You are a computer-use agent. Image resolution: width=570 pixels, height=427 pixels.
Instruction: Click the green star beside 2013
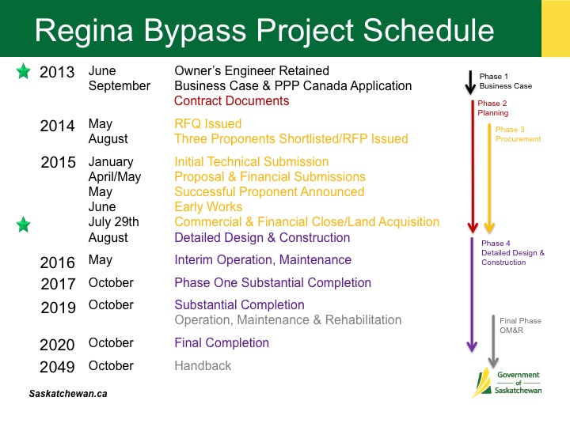(x=24, y=71)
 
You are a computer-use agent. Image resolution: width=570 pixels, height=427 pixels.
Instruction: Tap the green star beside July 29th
(x=24, y=225)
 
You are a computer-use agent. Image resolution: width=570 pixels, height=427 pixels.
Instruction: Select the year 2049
(x=57, y=367)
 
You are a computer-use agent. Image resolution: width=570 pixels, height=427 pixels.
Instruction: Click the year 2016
(x=58, y=263)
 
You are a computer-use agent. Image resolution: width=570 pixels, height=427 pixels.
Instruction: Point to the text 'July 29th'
(x=114, y=222)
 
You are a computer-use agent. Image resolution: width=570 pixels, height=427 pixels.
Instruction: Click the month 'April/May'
(x=115, y=177)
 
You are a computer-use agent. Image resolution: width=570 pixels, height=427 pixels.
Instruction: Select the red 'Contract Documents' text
(x=231, y=100)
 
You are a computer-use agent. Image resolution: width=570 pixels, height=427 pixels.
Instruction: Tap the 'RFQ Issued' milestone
(x=208, y=123)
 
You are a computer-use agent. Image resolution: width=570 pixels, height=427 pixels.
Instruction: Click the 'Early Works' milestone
(x=208, y=206)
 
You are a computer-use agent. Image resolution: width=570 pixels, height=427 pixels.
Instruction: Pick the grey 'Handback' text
(x=203, y=365)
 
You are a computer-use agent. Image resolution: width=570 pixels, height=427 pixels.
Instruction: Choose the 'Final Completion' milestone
(x=222, y=342)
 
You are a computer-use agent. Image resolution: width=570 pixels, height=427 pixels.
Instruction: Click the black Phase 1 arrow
(x=470, y=82)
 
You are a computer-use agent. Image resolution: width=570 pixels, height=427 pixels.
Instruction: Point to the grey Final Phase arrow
(x=493, y=341)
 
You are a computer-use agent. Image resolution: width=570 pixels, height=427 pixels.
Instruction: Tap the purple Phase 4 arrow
(x=472, y=294)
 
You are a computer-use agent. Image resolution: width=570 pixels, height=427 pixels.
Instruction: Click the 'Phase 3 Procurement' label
(x=518, y=134)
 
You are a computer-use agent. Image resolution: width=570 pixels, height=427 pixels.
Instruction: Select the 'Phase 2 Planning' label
(x=493, y=108)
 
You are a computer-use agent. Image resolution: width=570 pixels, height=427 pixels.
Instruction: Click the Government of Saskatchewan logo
(x=507, y=383)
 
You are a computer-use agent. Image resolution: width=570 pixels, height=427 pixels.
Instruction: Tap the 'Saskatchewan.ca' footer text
(x=68, y=394)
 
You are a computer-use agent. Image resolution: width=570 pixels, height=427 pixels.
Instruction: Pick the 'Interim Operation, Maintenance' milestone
(x=263, y=260)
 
